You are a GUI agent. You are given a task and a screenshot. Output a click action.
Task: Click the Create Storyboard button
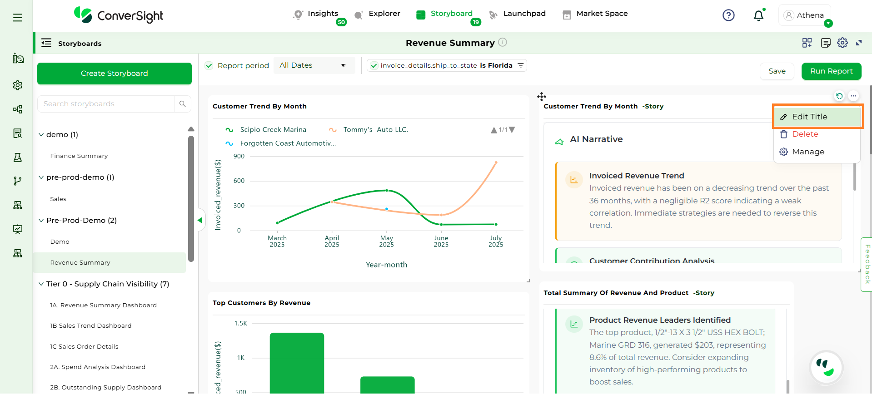tap(114, 74)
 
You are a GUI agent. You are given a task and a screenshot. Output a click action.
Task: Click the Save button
tap(777, 71)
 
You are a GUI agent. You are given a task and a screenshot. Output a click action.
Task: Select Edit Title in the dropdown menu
tap(809, 117)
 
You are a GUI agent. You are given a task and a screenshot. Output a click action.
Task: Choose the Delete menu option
tap(805, 134)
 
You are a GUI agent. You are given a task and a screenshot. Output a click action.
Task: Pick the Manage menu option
tap(807, 152)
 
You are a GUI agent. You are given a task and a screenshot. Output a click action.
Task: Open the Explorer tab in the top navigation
tap(384, 14)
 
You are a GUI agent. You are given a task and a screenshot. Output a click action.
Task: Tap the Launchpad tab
tap(524, 14)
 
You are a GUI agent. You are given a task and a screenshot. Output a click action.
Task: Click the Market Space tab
tap(601, 14)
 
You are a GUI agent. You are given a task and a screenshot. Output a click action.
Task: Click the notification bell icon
tap(758, 16)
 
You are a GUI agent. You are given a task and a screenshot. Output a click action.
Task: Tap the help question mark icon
tap(728, 15)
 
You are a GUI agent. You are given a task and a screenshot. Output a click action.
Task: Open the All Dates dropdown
tap(314, 65)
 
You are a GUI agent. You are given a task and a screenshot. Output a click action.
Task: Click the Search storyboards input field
tap(106, 104)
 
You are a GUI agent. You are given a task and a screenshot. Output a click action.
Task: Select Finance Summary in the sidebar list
tap(79, 156)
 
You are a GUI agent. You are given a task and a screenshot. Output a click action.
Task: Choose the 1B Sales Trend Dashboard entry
tap(90, 326)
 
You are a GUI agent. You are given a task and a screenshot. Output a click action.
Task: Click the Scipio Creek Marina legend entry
tap(273, 130)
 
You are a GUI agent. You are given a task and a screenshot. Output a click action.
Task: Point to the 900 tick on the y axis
tap(239, 156)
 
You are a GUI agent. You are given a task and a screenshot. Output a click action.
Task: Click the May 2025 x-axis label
tap(386, 241)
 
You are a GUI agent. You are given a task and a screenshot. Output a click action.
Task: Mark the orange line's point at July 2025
tap(496, 162)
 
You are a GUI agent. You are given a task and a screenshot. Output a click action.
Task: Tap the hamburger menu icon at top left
tap(18, 18)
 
